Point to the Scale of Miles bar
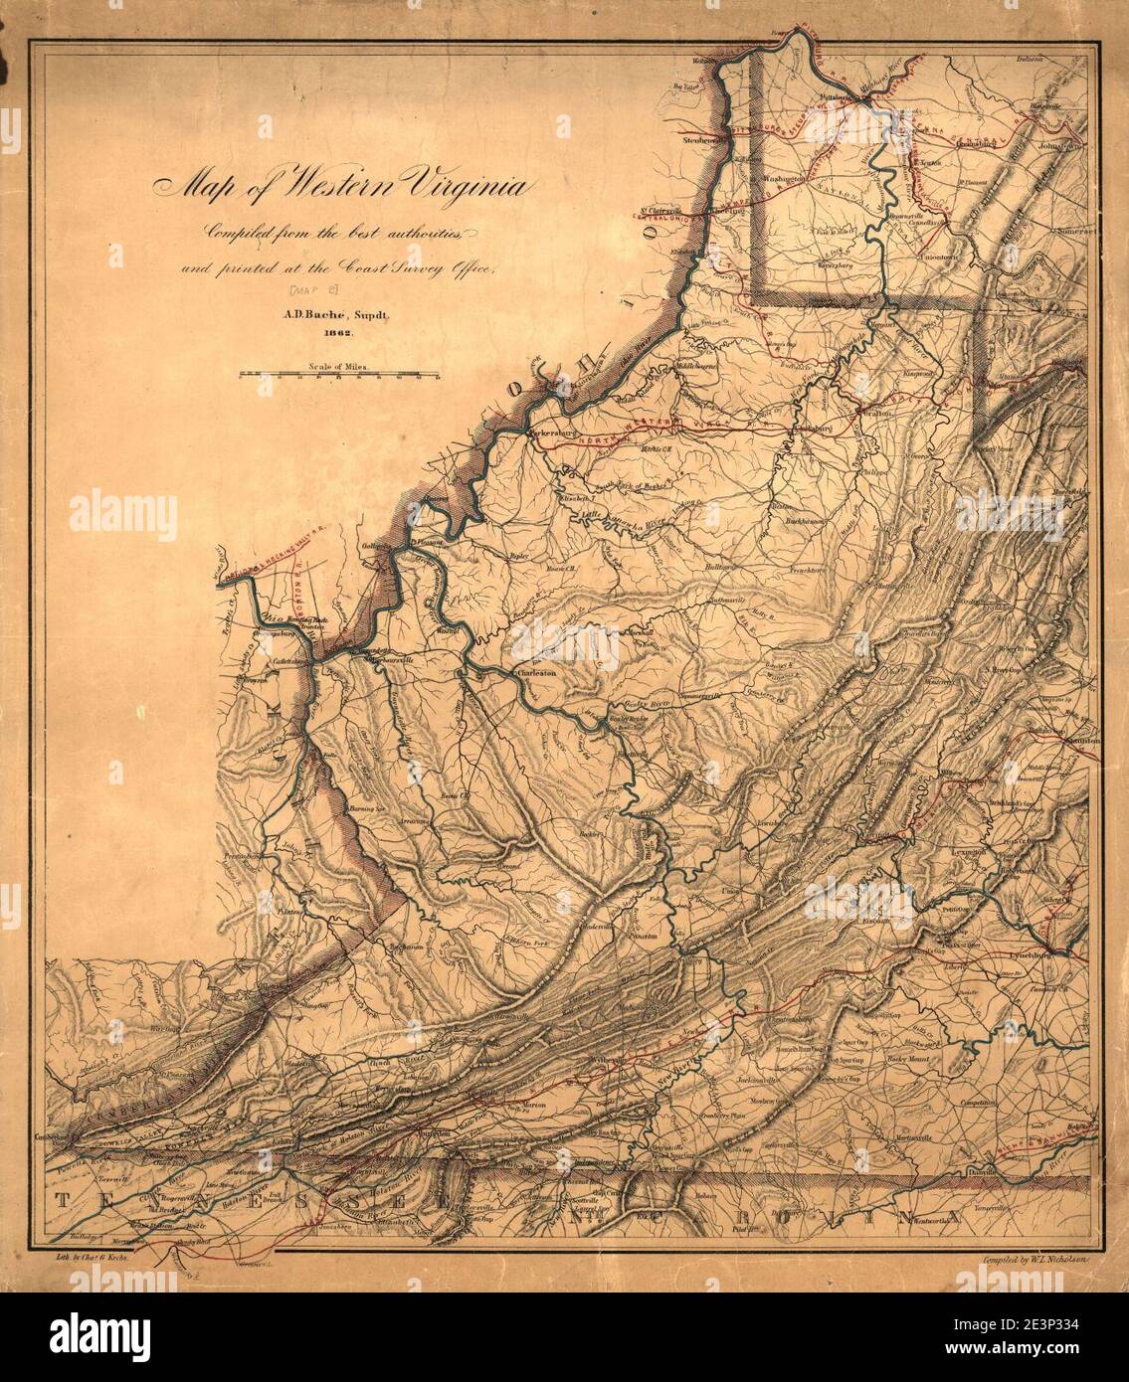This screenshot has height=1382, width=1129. pyautogui.click(x=338, y=375)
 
